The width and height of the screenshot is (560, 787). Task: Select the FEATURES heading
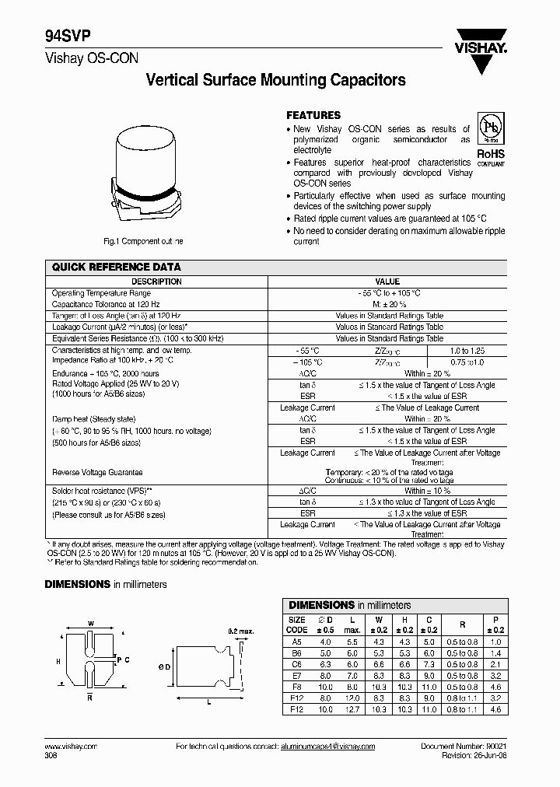[x=313, y=114]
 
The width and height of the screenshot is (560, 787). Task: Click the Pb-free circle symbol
[x=490, y=128]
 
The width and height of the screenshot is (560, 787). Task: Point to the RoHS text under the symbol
[x=490, y=154]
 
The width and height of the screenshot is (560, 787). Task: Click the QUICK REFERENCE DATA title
[x=116, y=267]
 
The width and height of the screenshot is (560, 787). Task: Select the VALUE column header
[x=387, y=282]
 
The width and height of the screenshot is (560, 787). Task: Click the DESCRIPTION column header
[x=156, y=282]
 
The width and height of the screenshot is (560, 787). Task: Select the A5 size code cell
[x=296, y=642]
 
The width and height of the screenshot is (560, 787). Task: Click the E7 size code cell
[x=296, y=676]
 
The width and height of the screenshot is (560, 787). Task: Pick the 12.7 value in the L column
[x=352, y=710]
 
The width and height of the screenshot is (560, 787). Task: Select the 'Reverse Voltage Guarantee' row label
[x=97, y=472]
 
